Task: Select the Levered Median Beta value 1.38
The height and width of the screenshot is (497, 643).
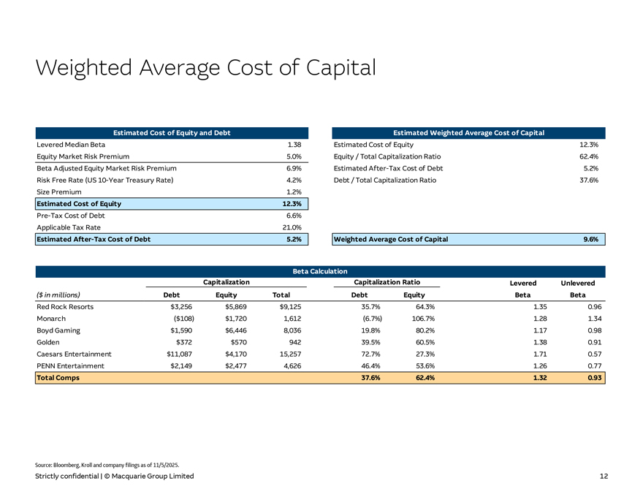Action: (x=295, y=145)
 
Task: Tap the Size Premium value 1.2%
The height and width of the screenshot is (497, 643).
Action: (x=294, y=191)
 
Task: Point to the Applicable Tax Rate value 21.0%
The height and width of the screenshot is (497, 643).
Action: (x=292, y=227)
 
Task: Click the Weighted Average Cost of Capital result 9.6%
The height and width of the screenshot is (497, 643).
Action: (x=591, y=240)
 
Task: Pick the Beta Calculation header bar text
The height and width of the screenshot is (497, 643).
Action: (x=321, y=272)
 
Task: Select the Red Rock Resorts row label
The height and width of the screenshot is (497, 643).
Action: (x=65, y=307)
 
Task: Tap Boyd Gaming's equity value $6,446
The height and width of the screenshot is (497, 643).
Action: (x=232, y=330)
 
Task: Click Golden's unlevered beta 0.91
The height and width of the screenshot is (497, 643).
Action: (x=593, y=342)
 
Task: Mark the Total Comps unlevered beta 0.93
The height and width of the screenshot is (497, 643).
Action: (x=593, y=378)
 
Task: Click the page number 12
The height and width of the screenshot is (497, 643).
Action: (x=604, y=477)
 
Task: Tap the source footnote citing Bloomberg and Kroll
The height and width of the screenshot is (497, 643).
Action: (x=107, y=465)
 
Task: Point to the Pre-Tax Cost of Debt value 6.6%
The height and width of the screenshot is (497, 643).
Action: (x=294, y=216)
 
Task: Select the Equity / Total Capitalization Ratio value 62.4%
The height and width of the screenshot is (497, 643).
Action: (x=588, y=156)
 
